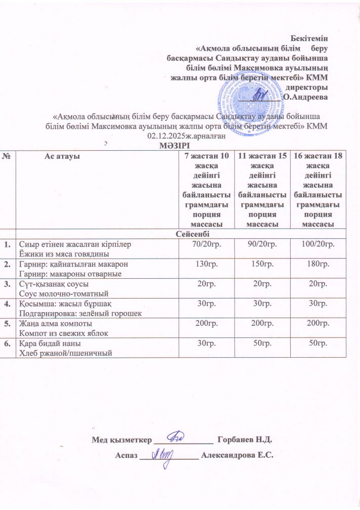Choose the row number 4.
pos(7,304)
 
